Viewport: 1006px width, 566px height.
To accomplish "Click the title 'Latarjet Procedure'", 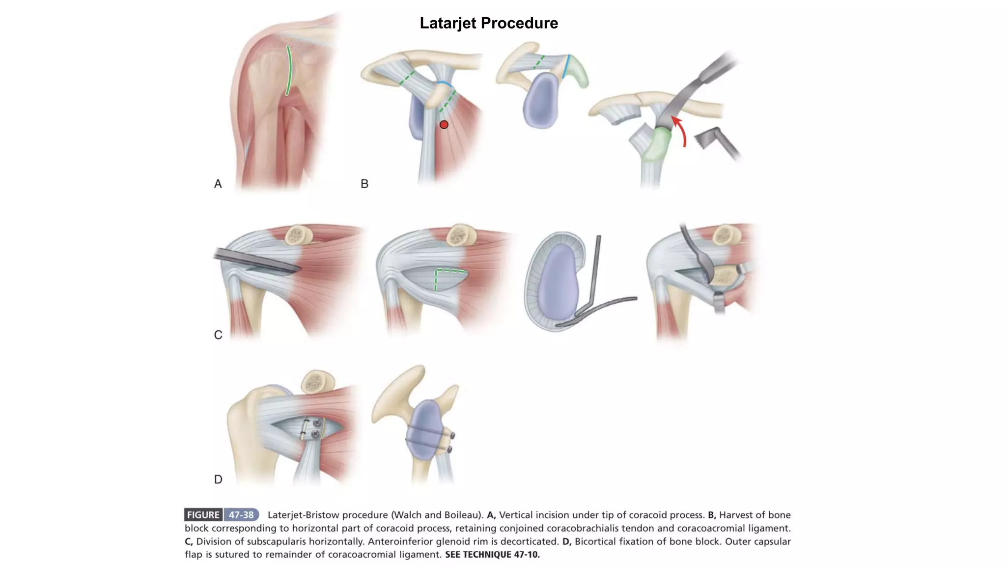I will pyautogui.click(x=489, y=23).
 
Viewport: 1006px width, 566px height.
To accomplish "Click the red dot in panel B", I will pyautogui.click(x=444, y=125).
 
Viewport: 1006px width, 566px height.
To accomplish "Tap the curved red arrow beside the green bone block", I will pyautogui.click(x=681, y=130).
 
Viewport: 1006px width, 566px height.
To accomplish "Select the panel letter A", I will pyautogui.click(x=218, y=184).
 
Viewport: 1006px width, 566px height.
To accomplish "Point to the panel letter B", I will pyautogui.click(x=364, y=184).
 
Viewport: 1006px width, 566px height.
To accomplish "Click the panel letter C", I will pyautogui.click(x=218, y=335).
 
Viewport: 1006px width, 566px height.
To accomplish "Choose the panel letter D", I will pyautogui.click(x=218, y=480).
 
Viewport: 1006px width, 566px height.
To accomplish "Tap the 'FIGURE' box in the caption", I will pyautogui.click(x=203, y=515).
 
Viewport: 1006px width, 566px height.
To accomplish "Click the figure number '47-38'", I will pyautogui.click(x=241, y=515).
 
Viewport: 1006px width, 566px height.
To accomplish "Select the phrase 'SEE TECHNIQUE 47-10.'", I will pyautogui.click(x=492, y=555).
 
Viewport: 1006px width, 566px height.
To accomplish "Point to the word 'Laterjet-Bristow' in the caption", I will pyautogui.click(x=303, y=515).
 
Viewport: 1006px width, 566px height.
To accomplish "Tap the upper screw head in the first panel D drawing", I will pyautogui.click(x=317, y=423).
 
